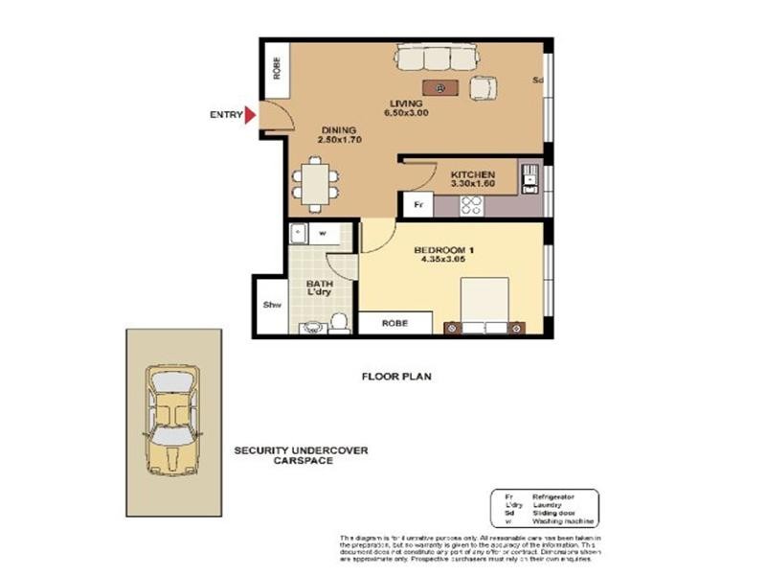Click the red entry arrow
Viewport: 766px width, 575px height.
(251, 116)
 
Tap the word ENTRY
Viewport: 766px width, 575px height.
(225, 116)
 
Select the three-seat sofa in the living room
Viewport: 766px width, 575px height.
(434, 60)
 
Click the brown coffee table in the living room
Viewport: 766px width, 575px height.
(440, 88)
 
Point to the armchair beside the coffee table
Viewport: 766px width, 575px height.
(484, 87)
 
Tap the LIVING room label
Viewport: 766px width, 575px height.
(405, 103)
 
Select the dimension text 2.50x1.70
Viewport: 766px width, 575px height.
(338, 140)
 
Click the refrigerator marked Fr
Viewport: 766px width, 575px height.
(417, 204)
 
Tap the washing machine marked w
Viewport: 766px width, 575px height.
(322, 232)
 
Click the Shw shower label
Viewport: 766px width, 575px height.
(271, 307)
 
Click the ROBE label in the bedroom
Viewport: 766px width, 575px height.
(394, 324)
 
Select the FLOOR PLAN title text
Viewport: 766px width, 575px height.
(395, 377)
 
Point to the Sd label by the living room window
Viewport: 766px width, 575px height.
(538, 80)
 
